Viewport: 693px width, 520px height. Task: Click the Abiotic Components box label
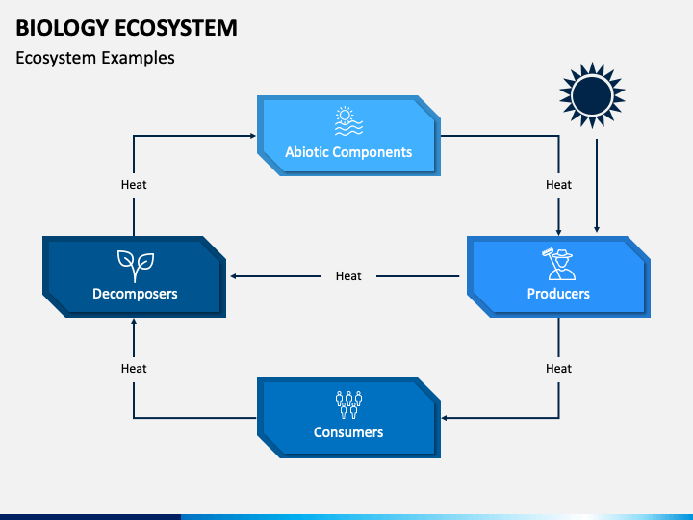(x=348, y=152)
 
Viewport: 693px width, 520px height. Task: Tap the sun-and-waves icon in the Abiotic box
(x=348, y=120)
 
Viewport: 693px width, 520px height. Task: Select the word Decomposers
(x=135, y=294)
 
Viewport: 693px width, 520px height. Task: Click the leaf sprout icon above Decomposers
(x=136, y=266)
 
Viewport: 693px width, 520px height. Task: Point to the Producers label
(x=558, y=294)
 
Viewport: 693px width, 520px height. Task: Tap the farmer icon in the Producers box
(x=558, y=265)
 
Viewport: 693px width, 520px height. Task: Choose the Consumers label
(x=348, y=432)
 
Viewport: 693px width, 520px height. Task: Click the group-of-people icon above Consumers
(x=348, y=404)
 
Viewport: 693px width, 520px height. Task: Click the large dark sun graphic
(x=592, y=95)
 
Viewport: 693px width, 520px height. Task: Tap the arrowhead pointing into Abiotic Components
(x=253, y=136)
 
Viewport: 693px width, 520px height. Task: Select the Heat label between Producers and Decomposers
(x=348, y=276)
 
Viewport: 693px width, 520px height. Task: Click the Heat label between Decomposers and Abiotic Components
(x=134, y=184)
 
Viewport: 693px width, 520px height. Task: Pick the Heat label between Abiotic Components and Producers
(x=558, y=184)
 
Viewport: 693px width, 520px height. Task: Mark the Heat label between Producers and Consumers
(x=558, y=368)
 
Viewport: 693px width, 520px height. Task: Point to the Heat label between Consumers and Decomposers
(x=134, y=368)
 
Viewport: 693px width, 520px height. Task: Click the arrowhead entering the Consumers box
(x=445, y=418)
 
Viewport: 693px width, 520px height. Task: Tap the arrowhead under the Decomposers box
(x=134, y=322)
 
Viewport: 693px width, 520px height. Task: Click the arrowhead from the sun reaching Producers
(x=597, y=229)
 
